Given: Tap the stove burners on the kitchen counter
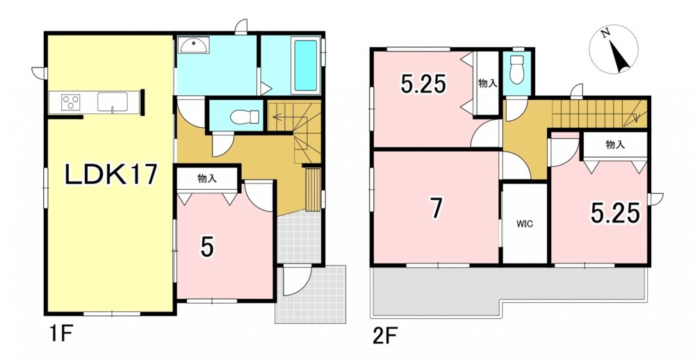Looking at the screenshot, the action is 70,102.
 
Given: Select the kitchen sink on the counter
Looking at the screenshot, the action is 113,101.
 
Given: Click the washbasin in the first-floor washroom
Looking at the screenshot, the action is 193,44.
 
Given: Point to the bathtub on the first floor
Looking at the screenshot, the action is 306,65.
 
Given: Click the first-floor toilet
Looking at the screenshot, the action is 245,117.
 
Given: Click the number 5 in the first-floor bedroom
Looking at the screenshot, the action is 207,247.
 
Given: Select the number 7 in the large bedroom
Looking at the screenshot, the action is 436,208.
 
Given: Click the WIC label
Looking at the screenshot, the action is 524,224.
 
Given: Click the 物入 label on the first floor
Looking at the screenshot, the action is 207,179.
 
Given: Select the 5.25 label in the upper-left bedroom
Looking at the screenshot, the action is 423,84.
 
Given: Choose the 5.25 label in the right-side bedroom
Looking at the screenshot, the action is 615,213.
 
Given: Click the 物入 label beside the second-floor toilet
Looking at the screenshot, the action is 487,83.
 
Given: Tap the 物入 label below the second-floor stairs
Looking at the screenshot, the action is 615,144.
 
